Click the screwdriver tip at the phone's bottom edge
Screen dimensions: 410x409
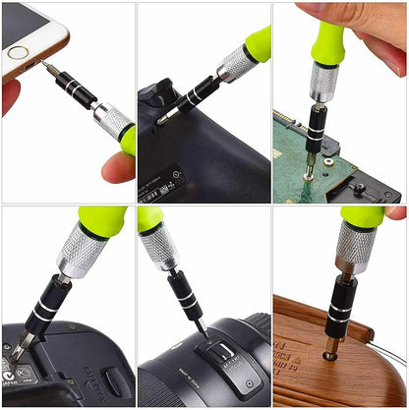44,66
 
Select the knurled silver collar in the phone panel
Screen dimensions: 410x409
112,121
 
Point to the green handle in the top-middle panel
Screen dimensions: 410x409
258,43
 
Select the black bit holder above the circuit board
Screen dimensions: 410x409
317,126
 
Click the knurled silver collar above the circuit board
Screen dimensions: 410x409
323,81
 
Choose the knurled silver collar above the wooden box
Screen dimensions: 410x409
353,249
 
